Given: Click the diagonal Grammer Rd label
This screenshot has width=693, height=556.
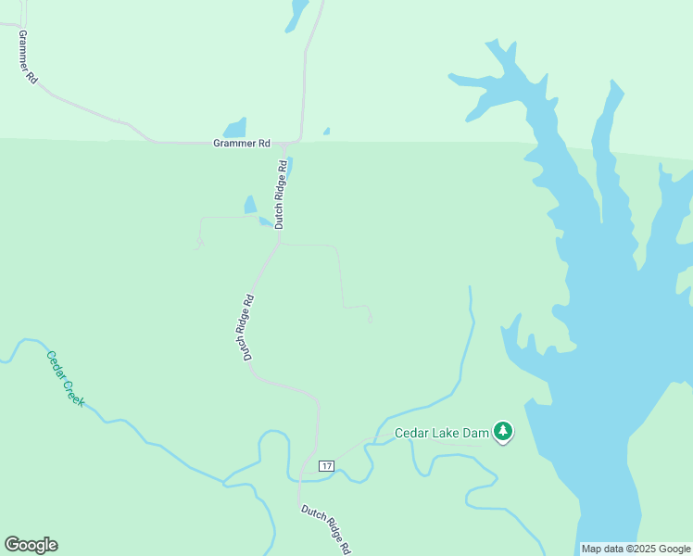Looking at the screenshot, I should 28,58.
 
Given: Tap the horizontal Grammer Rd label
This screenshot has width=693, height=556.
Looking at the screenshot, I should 241,144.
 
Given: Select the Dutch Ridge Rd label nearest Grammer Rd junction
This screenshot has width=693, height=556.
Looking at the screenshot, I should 279,194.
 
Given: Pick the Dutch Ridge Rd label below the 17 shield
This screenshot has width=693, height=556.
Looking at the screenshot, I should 326,529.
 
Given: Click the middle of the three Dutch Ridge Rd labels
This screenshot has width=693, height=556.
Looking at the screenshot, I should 248,327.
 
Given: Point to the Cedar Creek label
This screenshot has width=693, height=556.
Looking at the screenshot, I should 66,378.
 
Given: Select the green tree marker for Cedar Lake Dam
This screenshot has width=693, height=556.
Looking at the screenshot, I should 503,431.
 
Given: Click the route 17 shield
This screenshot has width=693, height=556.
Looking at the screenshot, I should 325,464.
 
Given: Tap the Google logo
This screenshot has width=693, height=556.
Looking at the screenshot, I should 31,545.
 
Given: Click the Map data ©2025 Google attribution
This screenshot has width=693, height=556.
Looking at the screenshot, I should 636,549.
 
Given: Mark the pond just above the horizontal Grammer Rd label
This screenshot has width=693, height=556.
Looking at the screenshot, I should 235,128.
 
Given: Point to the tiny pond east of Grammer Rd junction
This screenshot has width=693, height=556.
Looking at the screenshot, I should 326,132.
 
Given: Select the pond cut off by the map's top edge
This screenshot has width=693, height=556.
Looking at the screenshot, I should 297,14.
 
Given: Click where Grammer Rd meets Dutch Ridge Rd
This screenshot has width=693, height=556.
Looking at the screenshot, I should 289,145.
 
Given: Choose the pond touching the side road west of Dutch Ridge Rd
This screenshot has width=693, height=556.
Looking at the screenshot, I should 250,205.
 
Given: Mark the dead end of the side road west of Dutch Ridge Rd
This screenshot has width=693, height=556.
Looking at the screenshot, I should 197,246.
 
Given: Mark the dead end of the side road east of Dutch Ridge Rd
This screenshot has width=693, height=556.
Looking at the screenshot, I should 371,322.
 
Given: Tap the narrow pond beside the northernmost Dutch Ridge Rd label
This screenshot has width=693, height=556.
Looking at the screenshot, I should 289,168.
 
